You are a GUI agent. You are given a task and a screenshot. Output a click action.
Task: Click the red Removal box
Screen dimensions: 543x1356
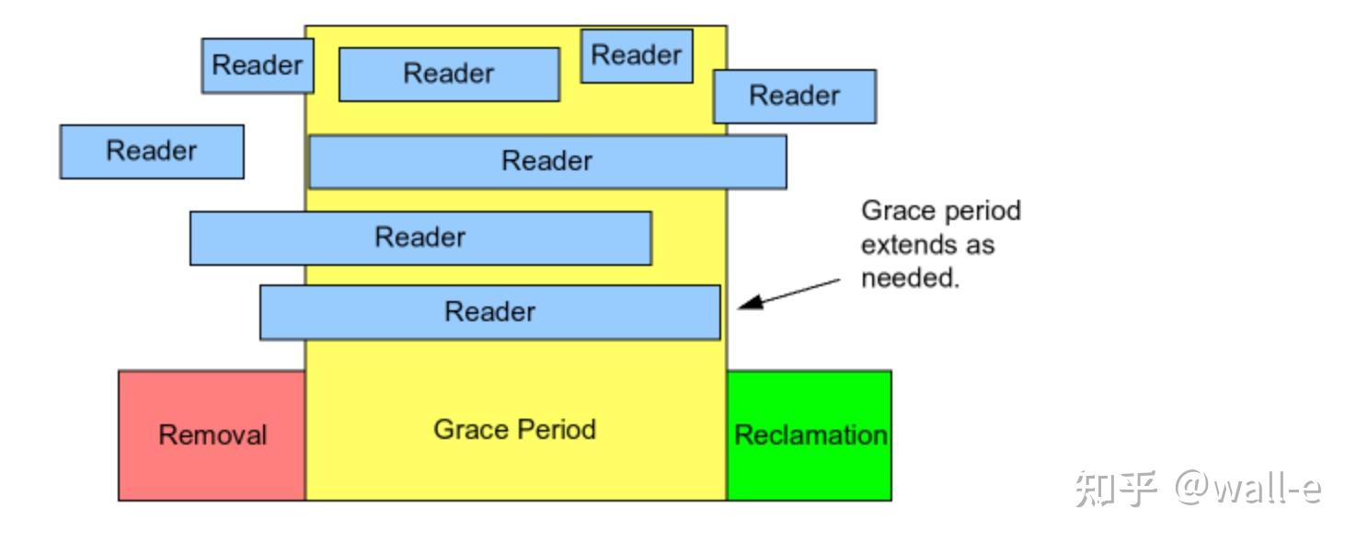(212, 435)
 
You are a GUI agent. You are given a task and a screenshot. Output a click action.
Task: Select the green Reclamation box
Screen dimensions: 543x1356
(809, 435)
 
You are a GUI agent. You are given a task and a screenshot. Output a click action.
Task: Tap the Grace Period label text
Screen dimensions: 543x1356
(514, 430)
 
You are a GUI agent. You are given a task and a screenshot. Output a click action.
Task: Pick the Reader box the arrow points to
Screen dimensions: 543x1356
(489, 312)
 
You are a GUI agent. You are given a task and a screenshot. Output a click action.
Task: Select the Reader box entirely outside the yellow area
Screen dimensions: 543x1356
(152, 152)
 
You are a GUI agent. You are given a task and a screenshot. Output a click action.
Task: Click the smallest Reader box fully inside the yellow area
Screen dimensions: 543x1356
(637, 56)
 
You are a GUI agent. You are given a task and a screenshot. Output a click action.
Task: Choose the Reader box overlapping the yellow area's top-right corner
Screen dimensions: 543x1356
(794, 96)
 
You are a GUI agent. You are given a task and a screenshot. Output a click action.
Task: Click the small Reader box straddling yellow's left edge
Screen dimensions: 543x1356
(258, 65)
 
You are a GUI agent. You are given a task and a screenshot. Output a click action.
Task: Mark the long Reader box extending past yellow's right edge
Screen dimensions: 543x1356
(547, 162)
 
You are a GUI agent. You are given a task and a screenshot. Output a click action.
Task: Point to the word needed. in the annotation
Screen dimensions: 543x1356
(910, 279)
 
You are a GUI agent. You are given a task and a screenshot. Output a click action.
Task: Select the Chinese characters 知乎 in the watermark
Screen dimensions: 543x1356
(1115, 488)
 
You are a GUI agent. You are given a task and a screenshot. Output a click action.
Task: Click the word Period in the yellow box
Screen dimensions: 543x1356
(555, 430)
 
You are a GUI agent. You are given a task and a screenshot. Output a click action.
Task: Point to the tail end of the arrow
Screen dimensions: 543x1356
(839, 279)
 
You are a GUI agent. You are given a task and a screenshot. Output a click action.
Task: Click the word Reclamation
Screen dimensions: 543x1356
(810, 435)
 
